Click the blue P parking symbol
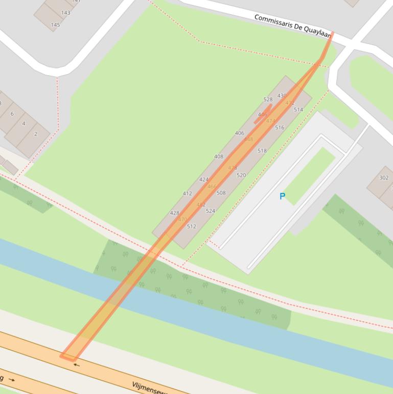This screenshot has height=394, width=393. click(x=282, y=196)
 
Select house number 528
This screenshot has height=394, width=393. click(x=268, y=100)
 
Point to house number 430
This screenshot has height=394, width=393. click(x=282, y=96)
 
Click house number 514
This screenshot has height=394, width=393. click(x=298, y=110)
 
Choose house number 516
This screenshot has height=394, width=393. click(x=280, y=127)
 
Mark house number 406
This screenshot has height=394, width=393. click(x=239, y=133)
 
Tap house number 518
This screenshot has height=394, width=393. click(x=262, y=151)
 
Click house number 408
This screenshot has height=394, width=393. click(x=219, y=157)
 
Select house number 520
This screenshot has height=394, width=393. click(x=241, y=175)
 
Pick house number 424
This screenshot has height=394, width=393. click(x=204, y=180)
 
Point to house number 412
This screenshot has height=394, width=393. click(x=188, y=193)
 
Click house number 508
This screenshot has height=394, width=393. click(x=221, y=193)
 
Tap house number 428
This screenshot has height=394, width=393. click(x=174, y=213)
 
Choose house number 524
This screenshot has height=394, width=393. click(x=210, y=211)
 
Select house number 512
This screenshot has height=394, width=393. click(x=191, y=226)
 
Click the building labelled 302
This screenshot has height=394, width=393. click(x=384, y=178)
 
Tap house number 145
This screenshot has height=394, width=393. click(x=55, y=25)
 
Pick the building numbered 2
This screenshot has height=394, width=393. click(x=36, y=134)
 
